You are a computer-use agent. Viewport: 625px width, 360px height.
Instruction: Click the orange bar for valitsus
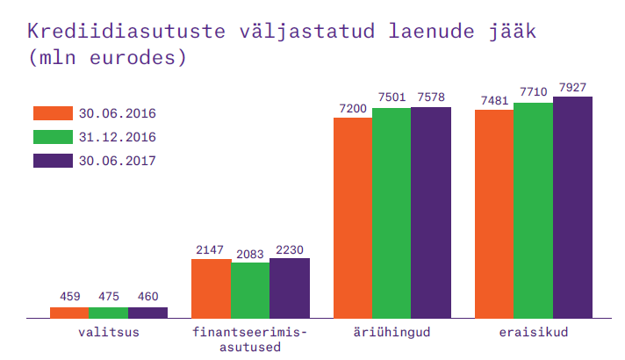(69, 312)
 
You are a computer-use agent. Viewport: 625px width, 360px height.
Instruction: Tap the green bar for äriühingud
(391, 212)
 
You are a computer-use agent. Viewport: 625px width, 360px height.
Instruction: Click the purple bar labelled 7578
(430, 212)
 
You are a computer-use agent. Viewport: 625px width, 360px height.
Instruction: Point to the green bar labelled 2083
(250, 290)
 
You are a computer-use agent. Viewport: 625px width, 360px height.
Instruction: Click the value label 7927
(571, 87)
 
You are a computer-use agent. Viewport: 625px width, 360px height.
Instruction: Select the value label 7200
(352, 108)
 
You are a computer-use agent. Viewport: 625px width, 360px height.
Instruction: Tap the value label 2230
(289, 249)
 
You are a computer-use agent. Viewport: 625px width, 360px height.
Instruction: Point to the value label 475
(108, 297)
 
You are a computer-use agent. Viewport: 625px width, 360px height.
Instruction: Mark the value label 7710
(533, 92)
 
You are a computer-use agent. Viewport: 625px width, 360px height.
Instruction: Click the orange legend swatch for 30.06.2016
(52, 113)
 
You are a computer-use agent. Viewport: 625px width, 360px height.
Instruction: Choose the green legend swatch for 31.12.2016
(52, 137)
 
